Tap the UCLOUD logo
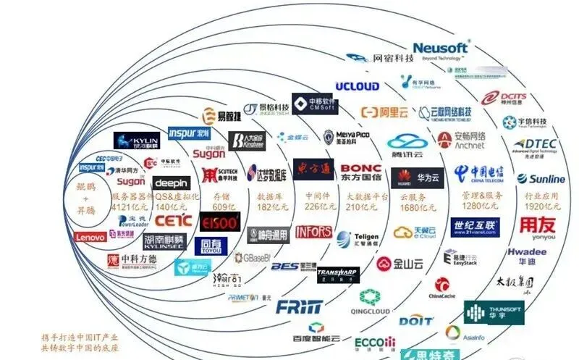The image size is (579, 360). (x=357, y=86)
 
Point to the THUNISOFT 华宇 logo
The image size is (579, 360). (x=494, y=313)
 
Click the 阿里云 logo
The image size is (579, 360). (x=384, y=112)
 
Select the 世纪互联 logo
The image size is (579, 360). (x=475, y=227)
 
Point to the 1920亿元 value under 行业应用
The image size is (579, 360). (x=537, y=206)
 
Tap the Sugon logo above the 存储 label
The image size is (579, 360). (x=209, y=154)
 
